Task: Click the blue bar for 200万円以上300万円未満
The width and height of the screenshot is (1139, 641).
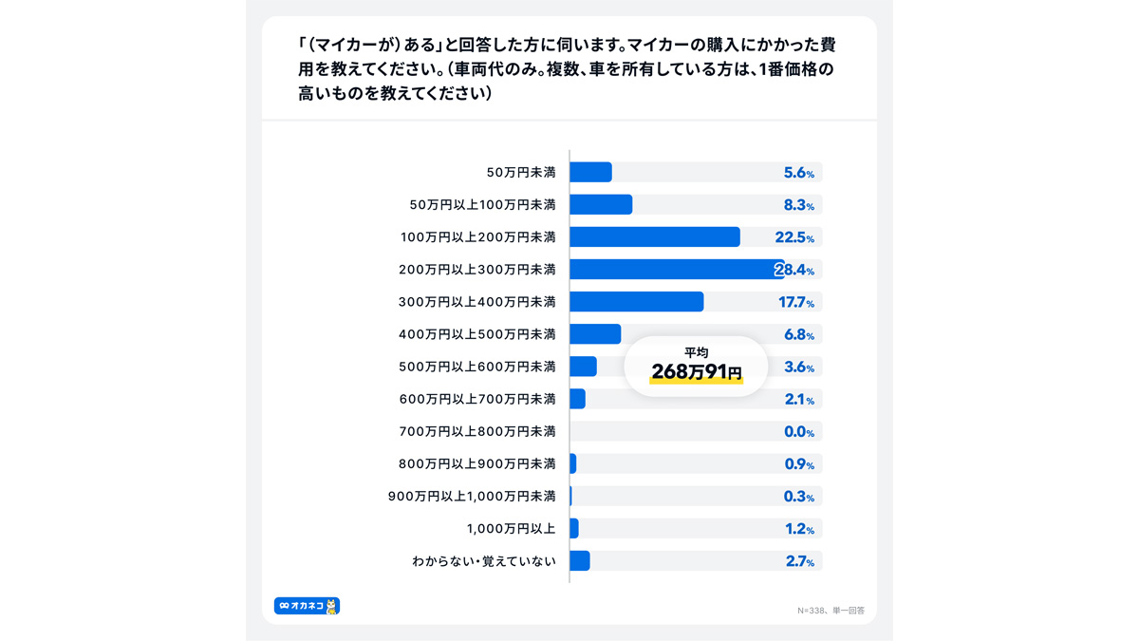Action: point(677,269)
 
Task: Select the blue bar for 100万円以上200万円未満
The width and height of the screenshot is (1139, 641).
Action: point(655,237)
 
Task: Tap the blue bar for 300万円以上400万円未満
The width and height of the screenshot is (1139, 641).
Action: point(637,302)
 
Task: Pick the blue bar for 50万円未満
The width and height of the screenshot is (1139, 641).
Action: point(590,172)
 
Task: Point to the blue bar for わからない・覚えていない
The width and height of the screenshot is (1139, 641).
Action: point(580,560)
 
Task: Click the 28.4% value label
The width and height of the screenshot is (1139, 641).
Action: point(794,270)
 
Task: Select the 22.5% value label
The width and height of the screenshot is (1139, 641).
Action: point(794,237)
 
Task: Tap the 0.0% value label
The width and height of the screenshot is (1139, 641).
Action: point(799,432)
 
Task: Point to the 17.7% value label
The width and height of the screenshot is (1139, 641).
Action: point(796,302)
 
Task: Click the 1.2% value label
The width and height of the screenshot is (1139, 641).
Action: point(799,529)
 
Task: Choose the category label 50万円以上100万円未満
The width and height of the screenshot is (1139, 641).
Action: point(482,204)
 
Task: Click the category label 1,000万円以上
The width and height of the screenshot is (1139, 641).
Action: point(511,529)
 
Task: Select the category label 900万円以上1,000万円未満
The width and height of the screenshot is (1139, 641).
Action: point(472,496)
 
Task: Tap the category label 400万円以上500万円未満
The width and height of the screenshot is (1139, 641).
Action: point(476,334)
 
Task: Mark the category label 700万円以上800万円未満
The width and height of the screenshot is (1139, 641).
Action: point(477,431)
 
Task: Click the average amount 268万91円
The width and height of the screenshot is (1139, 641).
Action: point(696,372)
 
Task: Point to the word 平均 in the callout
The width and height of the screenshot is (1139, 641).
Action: point(696,352)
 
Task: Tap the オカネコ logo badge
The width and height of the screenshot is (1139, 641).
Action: point(308,606)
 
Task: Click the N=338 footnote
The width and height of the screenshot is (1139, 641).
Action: point(831,610)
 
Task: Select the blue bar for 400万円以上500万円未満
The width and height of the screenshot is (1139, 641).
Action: point(595,334)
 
